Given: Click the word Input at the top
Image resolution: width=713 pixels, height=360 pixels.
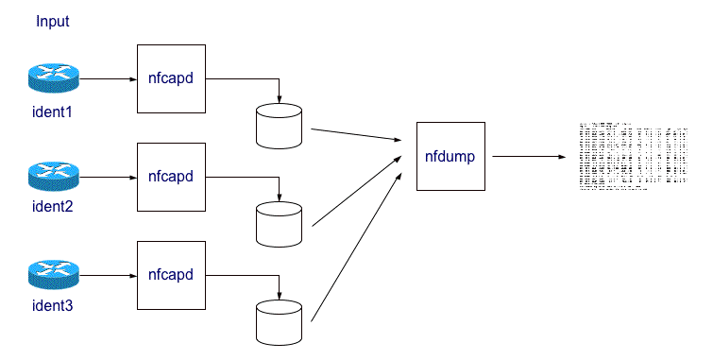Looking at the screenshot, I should [53, 21].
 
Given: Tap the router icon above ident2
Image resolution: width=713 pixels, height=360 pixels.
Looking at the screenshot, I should [54, 176].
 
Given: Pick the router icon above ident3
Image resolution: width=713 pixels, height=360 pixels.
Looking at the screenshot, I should [54, 275].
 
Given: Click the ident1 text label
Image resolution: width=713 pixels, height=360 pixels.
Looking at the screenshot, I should [53, 112].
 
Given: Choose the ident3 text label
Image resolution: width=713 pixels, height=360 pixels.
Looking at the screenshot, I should [53, 306].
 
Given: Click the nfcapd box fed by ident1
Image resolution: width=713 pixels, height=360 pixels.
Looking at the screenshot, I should [171, 78].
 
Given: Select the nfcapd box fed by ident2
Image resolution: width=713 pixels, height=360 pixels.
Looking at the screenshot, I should [171, 177].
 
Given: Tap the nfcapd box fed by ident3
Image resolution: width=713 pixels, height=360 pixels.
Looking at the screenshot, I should [171, 275].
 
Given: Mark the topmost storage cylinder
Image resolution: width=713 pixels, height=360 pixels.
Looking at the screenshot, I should [279, 126].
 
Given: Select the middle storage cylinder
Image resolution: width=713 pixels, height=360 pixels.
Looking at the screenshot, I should [279, 224].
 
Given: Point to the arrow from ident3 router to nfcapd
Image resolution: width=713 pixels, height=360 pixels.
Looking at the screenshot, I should [109, 276].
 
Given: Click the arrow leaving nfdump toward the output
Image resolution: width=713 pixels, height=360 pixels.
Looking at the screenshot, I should [524, 156].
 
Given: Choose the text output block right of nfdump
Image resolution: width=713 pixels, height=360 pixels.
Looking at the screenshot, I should [632, 157].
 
